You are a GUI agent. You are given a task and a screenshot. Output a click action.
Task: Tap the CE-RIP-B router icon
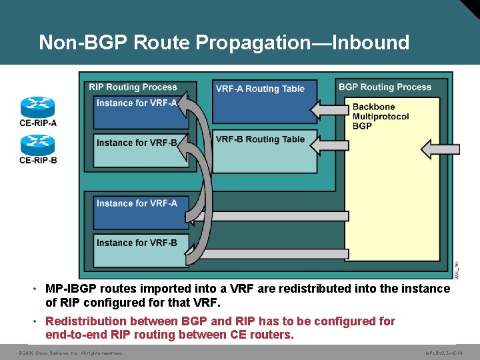tap(38, 145)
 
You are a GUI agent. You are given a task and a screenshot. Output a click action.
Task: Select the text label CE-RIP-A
tap(38, 123)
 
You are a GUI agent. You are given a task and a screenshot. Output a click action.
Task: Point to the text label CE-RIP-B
tap(38, 160)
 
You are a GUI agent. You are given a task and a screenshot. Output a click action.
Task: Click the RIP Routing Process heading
tap(133, 87)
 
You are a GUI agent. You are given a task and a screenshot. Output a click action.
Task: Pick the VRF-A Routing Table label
tap(260, 89)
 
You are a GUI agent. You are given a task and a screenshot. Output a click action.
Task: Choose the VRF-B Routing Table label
tap(260, 139)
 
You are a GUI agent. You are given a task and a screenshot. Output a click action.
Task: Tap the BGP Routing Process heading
tap(385, 87)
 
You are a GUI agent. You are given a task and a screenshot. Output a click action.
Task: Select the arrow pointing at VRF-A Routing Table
tap(329, 108)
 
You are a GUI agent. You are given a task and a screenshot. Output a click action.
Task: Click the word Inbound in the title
tap(370, 43)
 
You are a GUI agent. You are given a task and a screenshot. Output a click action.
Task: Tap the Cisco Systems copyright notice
tap(70, 353)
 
